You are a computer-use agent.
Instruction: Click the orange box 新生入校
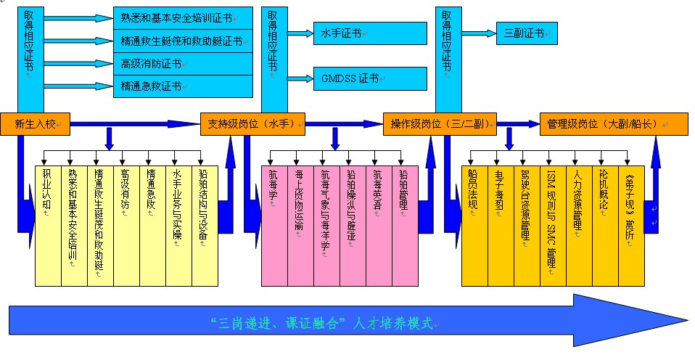pyautogui.click(x=35, y=124)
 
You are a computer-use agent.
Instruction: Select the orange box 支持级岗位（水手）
pyautogui.click(x=252, y=124)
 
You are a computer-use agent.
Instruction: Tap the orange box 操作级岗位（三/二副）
pyautogui.click(x=440, y=124)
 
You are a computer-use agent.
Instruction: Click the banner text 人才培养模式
pyautogui.click(x=392, y=322)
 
